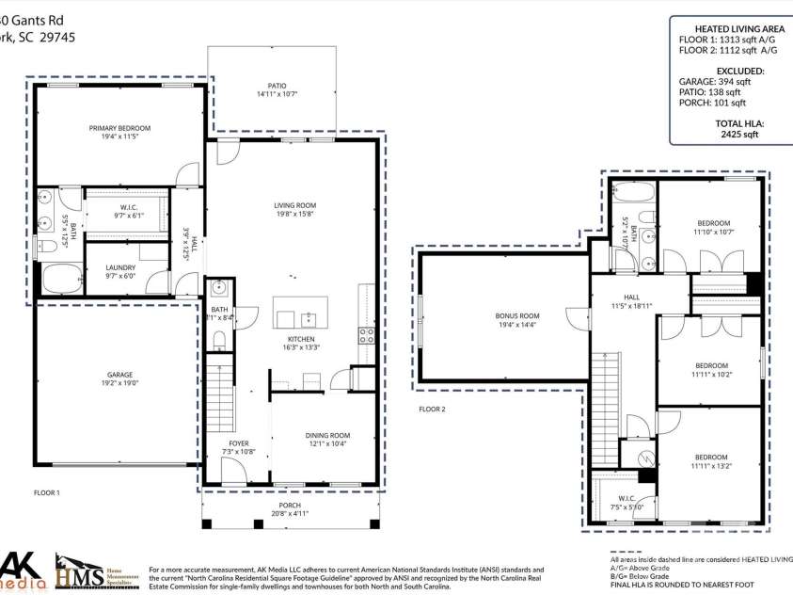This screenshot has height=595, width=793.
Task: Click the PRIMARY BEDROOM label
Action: (119, 128)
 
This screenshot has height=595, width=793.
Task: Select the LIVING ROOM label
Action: (294, 205)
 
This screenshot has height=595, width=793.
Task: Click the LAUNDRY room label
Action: (119, 267)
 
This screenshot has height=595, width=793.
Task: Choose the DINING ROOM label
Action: (327, 435)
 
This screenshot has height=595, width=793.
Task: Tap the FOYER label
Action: (239, 442)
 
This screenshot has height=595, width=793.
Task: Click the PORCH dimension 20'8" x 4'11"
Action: (291, 513)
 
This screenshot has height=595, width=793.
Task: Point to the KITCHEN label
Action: (301, 339)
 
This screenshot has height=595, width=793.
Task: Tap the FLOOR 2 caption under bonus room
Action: (432, 410)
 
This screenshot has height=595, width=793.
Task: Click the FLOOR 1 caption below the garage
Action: (46, 492)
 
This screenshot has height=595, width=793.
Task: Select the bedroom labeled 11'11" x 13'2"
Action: (711, 465)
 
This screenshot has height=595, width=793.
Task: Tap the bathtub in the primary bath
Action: (62, 279)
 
